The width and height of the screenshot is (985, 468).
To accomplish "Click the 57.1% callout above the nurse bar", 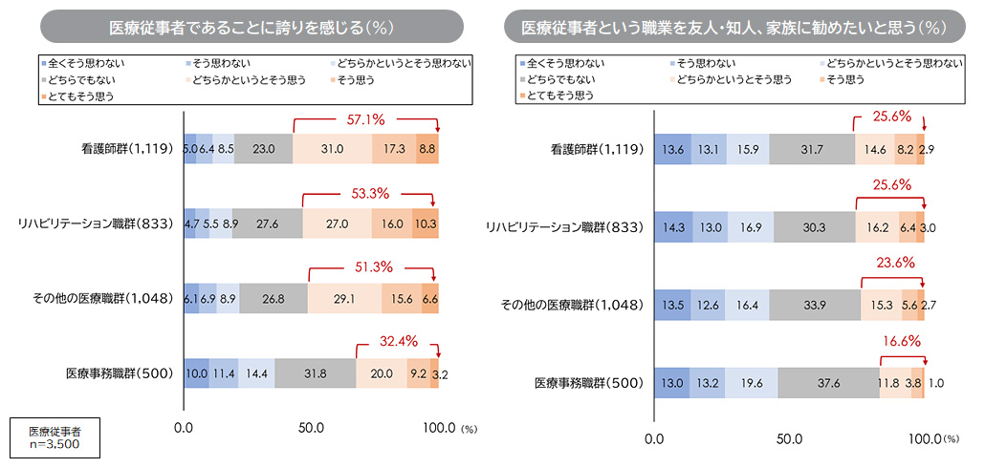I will coord(366,121).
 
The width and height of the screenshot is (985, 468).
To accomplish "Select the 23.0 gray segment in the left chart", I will coord(263,149).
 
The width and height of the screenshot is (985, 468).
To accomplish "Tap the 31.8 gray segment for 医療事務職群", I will coord(315,372).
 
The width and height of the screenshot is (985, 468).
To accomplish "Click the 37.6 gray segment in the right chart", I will coord(828,383).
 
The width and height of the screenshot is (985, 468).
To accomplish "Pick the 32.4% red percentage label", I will coord(396,339).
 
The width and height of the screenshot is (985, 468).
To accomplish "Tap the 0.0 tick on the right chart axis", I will coord(655,439).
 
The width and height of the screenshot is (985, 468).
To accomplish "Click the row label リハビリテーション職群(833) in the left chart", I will coord(96,224).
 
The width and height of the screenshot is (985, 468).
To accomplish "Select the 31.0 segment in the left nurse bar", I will coord(333,149).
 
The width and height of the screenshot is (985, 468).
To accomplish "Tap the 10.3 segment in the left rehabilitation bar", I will coord(425,224).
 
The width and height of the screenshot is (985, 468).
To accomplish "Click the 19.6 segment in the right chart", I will coord(751,383).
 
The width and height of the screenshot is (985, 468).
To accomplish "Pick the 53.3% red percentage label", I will coord(368,194).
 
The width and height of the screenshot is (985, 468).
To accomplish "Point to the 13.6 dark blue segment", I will coord(673,149).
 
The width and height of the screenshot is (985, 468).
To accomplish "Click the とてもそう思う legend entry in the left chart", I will coord(77,96).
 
